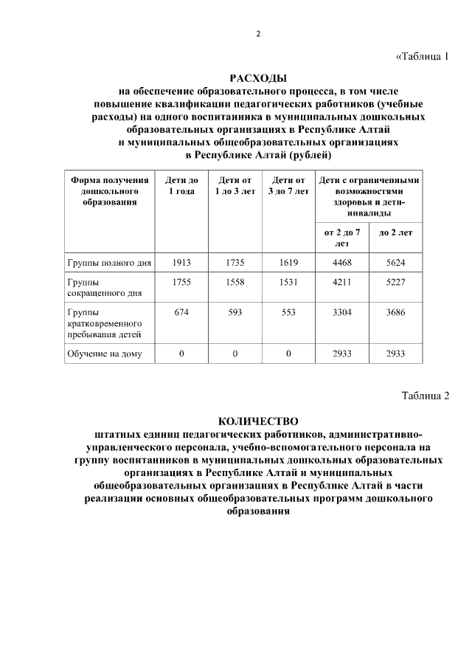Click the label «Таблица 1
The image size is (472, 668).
click(422, 56)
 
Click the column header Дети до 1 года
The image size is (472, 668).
click(181, 186)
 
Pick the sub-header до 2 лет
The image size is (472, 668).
click(396, 233)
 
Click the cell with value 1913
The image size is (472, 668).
click(181, 263)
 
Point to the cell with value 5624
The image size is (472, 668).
click(396, 263)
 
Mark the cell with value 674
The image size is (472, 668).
click(181, 312)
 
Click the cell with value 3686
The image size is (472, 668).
click(396, 312)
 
